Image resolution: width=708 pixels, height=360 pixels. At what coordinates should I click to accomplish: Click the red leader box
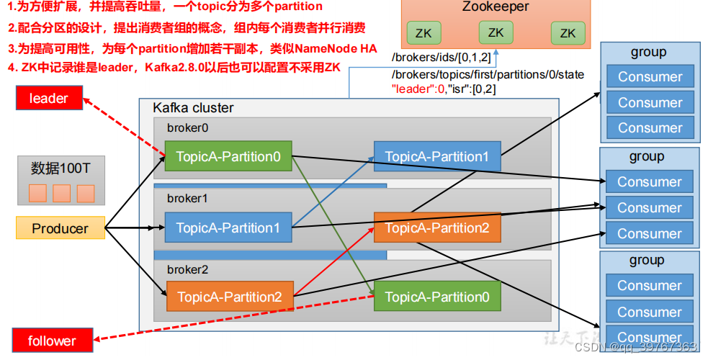[x=48, y=99]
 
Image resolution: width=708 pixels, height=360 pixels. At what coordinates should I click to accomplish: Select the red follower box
[x=51, y=341]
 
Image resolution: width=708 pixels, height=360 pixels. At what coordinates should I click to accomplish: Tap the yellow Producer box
[x=61, y=228]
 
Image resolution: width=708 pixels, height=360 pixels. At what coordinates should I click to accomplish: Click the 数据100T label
[x=61, y=168]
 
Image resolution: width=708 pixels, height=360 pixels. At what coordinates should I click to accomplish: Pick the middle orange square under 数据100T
[x=62, y=193]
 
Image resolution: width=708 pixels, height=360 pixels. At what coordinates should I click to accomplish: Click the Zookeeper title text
[x=496, y=8]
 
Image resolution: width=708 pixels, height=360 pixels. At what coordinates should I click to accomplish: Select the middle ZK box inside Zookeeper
[x=496, y=32]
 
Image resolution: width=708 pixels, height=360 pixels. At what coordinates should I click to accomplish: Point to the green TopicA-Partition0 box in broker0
[x=228, y=156]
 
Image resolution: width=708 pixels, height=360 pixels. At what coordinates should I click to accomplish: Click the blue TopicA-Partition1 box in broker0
[x=436, y=156]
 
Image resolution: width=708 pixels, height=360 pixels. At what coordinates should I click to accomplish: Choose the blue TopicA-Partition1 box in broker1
[x=228, y=228]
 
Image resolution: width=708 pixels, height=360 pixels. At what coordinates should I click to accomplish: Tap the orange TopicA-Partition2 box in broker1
[x=436, y=228]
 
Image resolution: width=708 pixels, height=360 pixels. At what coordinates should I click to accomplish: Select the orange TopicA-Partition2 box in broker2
[x=230, y=297]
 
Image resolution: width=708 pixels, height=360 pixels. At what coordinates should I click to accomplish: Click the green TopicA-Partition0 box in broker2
[x=436, y=297]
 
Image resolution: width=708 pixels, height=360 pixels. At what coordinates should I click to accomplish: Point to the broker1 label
[x=183, y=198]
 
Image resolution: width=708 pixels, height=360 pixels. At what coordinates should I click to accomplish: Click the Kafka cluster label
[x=193, y=108]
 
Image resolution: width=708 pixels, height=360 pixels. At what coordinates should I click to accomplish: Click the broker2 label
[x=183, y=269]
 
